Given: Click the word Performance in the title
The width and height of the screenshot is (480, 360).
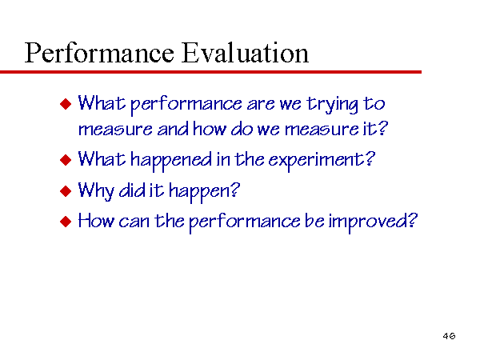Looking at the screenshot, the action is point(99,54).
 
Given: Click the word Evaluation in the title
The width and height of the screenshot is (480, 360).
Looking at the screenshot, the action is point(245,53).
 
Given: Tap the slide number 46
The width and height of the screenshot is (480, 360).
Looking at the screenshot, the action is point(449,336).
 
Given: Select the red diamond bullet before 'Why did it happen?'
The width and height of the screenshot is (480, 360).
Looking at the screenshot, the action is point(66,191).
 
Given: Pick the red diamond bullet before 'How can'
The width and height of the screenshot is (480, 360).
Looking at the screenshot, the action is point(66,222).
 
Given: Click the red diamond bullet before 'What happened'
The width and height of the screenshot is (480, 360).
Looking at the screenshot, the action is point(66,160).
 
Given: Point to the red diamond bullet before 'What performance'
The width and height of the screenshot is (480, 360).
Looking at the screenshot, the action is point(66,104).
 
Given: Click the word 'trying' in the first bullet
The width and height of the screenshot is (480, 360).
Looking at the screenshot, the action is point(333,105).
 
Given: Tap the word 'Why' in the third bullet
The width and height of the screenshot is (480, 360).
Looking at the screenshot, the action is point(96,191).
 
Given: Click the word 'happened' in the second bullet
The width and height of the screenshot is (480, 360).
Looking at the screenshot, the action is point(171,161).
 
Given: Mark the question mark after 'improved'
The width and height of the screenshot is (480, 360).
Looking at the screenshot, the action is point(414,220).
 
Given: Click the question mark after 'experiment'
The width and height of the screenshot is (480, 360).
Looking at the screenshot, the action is point(370,158).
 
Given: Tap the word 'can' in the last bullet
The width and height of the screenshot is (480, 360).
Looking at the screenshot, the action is point(134,222).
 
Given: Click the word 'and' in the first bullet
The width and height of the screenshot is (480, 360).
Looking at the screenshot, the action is point(173,129).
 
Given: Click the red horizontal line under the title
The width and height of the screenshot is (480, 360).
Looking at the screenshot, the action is point(210,72).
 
